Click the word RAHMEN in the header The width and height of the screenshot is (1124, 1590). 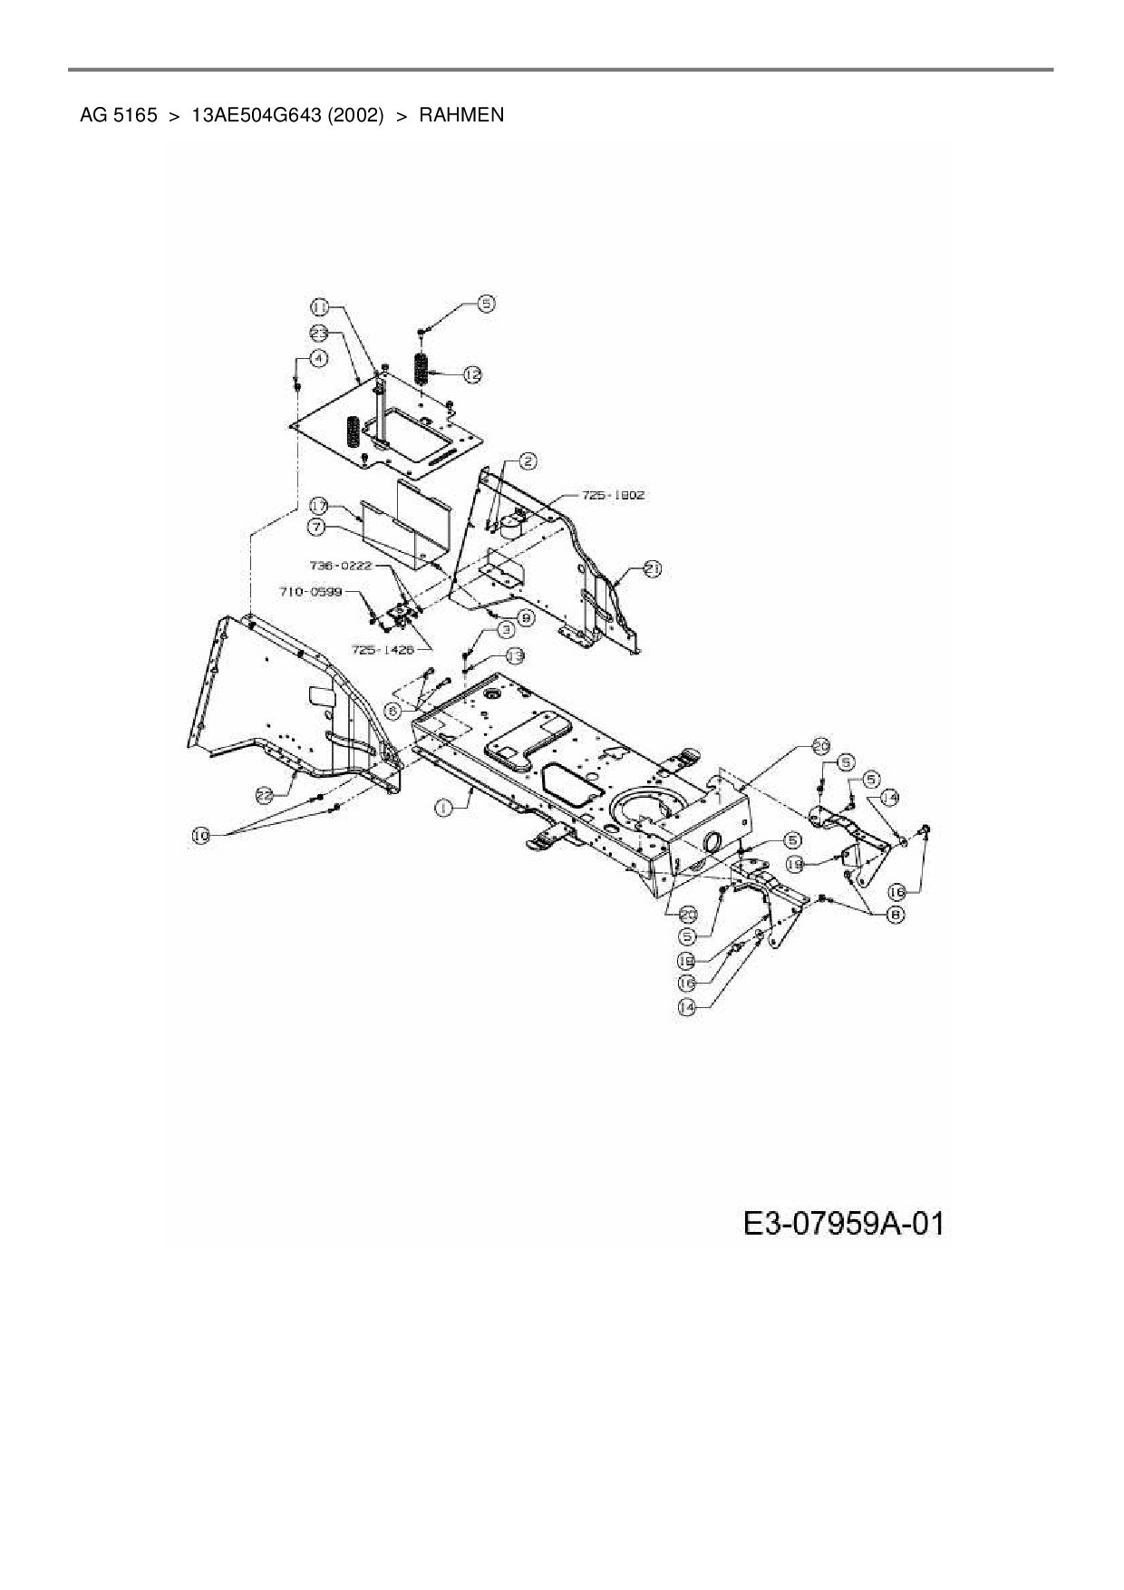(x=460, y=115)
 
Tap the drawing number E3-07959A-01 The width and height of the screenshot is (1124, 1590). (x=843, y=1224)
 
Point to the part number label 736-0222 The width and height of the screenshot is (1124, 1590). (x=341, y=565)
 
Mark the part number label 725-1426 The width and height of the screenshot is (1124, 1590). (x=382, y=649)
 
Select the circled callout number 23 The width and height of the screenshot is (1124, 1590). (x=319, y=332)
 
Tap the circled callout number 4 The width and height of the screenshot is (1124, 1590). (x=317, y=358)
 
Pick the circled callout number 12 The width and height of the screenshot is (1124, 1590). (x=471, y=373)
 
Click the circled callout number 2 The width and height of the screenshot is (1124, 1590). (x=527, y=461)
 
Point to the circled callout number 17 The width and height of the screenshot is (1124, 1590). (x=318, y=505)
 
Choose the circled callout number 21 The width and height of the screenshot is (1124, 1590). (x=652, y=568)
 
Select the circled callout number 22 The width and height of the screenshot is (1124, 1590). (x=264, y=795)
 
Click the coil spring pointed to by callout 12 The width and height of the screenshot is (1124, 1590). (x=421, y=368)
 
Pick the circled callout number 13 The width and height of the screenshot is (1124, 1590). (x=514, y=654)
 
